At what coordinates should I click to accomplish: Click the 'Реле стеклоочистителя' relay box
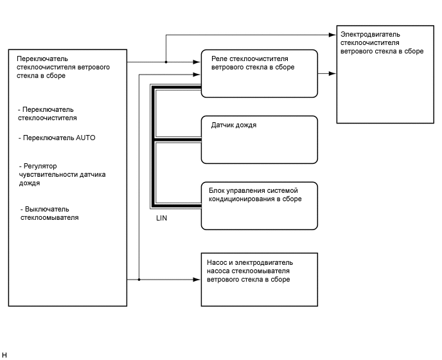259,74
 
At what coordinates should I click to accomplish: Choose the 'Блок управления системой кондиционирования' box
259,205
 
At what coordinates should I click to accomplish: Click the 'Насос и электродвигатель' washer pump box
259,280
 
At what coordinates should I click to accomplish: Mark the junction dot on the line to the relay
166,62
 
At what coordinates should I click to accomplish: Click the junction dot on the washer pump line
139,280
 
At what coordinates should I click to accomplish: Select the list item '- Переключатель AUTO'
57,138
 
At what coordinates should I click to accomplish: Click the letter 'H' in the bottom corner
4,355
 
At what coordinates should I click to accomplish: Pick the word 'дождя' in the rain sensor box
244,125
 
